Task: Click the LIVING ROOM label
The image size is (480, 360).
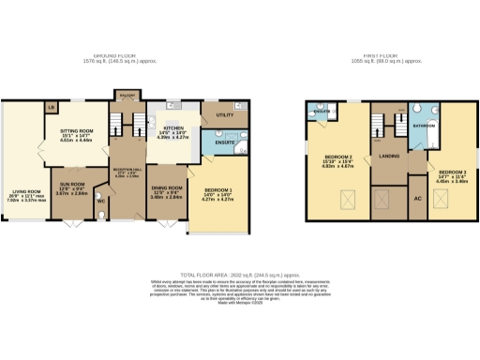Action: (x=21, y=190)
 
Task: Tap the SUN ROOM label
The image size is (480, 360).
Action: (x=72, y=184)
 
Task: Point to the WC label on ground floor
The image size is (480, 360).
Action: (x=100, y=201)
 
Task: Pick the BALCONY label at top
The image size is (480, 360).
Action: (x=126, y=94)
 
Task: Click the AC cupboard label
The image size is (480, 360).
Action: (x=416, y=198)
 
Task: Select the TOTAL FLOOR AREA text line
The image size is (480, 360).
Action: (x=240, y=269)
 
